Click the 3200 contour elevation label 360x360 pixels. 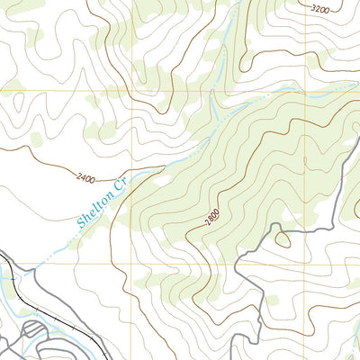click(319, 9)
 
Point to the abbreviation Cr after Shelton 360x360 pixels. click(114, 188)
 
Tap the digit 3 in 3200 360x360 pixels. click(311, 8)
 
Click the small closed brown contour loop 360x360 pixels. click(283, 239)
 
